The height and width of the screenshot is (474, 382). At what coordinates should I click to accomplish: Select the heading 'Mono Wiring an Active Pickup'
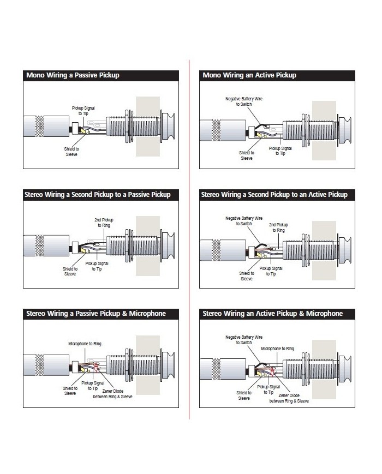point(249,75)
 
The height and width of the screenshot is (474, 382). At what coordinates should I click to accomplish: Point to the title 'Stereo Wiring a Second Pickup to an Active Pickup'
point(274,195)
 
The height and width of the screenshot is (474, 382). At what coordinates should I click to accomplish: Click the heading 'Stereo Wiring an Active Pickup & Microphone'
point(272,314)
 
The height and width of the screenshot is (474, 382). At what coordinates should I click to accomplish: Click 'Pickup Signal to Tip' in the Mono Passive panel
point(83,111)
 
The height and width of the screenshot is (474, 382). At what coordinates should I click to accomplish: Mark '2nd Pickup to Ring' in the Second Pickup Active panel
point(278,227)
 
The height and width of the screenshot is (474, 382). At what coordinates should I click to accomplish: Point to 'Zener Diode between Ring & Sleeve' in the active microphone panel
point(289,398)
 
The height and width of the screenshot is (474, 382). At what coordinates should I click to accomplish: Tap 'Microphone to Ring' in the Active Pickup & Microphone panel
point(277,348)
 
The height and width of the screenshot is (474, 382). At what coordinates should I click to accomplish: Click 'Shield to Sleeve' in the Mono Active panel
point(247,155)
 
